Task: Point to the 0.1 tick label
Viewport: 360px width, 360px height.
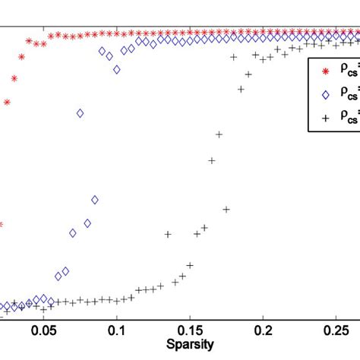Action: click(x=117, y=331)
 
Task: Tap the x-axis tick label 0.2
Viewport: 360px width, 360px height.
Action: click(x=264, y=331)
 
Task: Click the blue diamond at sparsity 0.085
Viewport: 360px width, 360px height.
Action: click(x=95, y=200)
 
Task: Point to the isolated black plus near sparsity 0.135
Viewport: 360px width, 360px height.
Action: click(x=169, y=234)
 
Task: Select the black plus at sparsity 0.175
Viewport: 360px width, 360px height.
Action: click(x=226, y=209)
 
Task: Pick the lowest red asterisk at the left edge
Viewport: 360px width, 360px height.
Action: click(x=2, y=224)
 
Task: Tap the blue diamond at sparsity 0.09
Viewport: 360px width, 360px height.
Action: click(x=103, y=51)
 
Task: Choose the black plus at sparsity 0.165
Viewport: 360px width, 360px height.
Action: click(x=212, y=160)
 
